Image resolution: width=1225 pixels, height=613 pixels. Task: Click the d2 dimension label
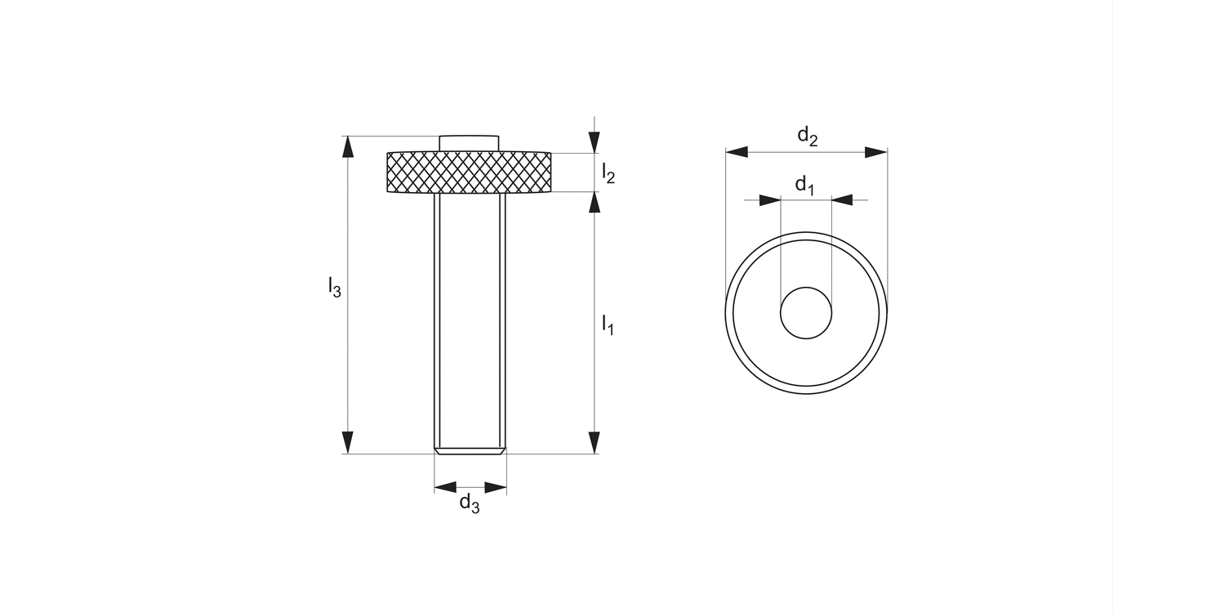(807, 136)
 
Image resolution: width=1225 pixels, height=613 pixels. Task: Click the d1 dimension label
(805, 186)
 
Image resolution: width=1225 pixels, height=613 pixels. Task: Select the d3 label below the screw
(469, 503)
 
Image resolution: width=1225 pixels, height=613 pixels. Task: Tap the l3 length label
(334, 287)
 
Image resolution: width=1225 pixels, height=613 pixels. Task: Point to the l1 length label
(608, 324)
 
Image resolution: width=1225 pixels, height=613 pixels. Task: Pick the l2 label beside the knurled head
(608, 172)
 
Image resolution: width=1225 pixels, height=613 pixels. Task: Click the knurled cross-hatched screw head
(469, 172)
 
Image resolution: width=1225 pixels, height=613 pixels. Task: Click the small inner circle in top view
(806, 312)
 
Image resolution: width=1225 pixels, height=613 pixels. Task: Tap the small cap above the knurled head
(469, 143)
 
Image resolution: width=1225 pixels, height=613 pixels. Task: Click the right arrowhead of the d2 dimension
(875, 152)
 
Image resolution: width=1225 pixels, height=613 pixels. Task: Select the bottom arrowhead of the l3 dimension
(349, 442)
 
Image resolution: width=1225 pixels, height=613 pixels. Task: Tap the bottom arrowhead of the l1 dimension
(595, 442)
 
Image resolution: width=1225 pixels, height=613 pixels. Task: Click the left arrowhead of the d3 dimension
(445, 488)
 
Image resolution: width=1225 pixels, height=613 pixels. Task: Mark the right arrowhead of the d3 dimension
(496, 488)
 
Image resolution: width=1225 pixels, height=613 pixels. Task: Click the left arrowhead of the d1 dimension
(770, 199)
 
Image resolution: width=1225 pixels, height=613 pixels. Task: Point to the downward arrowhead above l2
(595, 142)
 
